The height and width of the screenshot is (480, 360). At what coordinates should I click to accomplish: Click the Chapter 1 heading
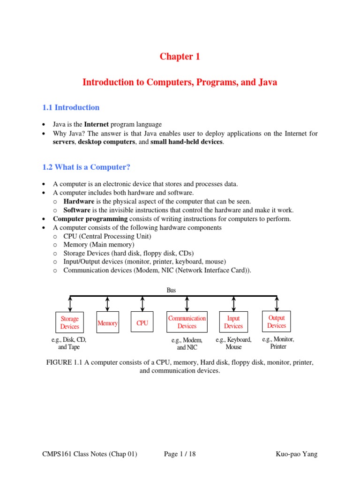pos(180,57)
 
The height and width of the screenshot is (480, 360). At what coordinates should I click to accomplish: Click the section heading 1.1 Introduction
pos(71,107)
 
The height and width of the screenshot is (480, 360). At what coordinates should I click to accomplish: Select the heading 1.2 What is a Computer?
pos(85,167)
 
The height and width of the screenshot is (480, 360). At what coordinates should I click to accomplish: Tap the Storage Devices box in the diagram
pos(70,322)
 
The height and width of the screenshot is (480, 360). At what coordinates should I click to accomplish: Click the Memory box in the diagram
pos(107,323)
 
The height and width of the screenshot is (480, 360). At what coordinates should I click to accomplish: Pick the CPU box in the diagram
pos(142,323)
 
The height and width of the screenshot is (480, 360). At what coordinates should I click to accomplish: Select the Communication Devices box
pos(187,322)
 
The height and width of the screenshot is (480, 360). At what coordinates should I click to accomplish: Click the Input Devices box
pos(233,322)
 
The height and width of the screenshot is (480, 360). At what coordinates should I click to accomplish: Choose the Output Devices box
pos(277,322)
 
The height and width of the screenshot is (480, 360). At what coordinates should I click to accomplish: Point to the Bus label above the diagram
pos(172,290)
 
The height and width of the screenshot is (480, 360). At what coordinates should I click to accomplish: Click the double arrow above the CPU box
pos(142,303)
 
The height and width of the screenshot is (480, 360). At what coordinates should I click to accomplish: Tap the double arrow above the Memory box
pos(108,303)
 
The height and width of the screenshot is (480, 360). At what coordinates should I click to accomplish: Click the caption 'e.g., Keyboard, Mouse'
pos(233,343)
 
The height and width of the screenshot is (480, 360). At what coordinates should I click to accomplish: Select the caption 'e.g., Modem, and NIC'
pos(187,344)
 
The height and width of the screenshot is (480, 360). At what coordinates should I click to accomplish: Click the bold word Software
pos(77,210)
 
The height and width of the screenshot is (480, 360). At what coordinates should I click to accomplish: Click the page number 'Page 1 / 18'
pos(180,454)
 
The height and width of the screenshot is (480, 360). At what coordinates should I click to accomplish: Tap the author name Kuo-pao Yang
pos(297,454)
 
